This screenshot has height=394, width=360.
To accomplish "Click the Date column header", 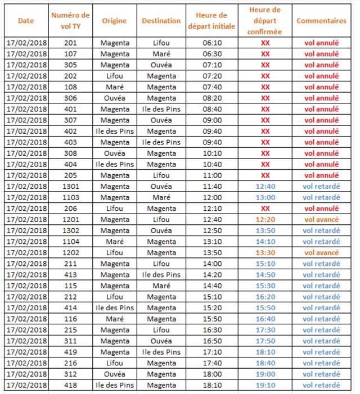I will point(26,21).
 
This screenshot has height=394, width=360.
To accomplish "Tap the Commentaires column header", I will point(321,21).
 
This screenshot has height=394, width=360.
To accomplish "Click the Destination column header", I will point(161,21).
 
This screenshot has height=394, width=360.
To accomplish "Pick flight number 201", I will point(71,43).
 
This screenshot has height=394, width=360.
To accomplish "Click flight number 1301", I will point(71,186).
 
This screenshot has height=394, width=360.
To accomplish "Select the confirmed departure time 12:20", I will point(265,219).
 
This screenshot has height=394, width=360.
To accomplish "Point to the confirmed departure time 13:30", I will point(265,252).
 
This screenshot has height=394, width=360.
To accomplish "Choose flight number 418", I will point(71,385).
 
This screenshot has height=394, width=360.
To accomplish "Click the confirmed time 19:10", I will point(265,385).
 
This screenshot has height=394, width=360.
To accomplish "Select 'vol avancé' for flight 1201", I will point(321,219).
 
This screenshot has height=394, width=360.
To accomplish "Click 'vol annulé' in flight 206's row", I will point(321,209).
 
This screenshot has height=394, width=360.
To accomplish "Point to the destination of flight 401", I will point(161,109).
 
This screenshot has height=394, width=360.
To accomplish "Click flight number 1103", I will point(71,197).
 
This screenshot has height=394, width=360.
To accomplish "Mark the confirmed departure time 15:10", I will point(265,264).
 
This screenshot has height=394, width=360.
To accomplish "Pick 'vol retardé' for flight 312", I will point(321,374).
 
